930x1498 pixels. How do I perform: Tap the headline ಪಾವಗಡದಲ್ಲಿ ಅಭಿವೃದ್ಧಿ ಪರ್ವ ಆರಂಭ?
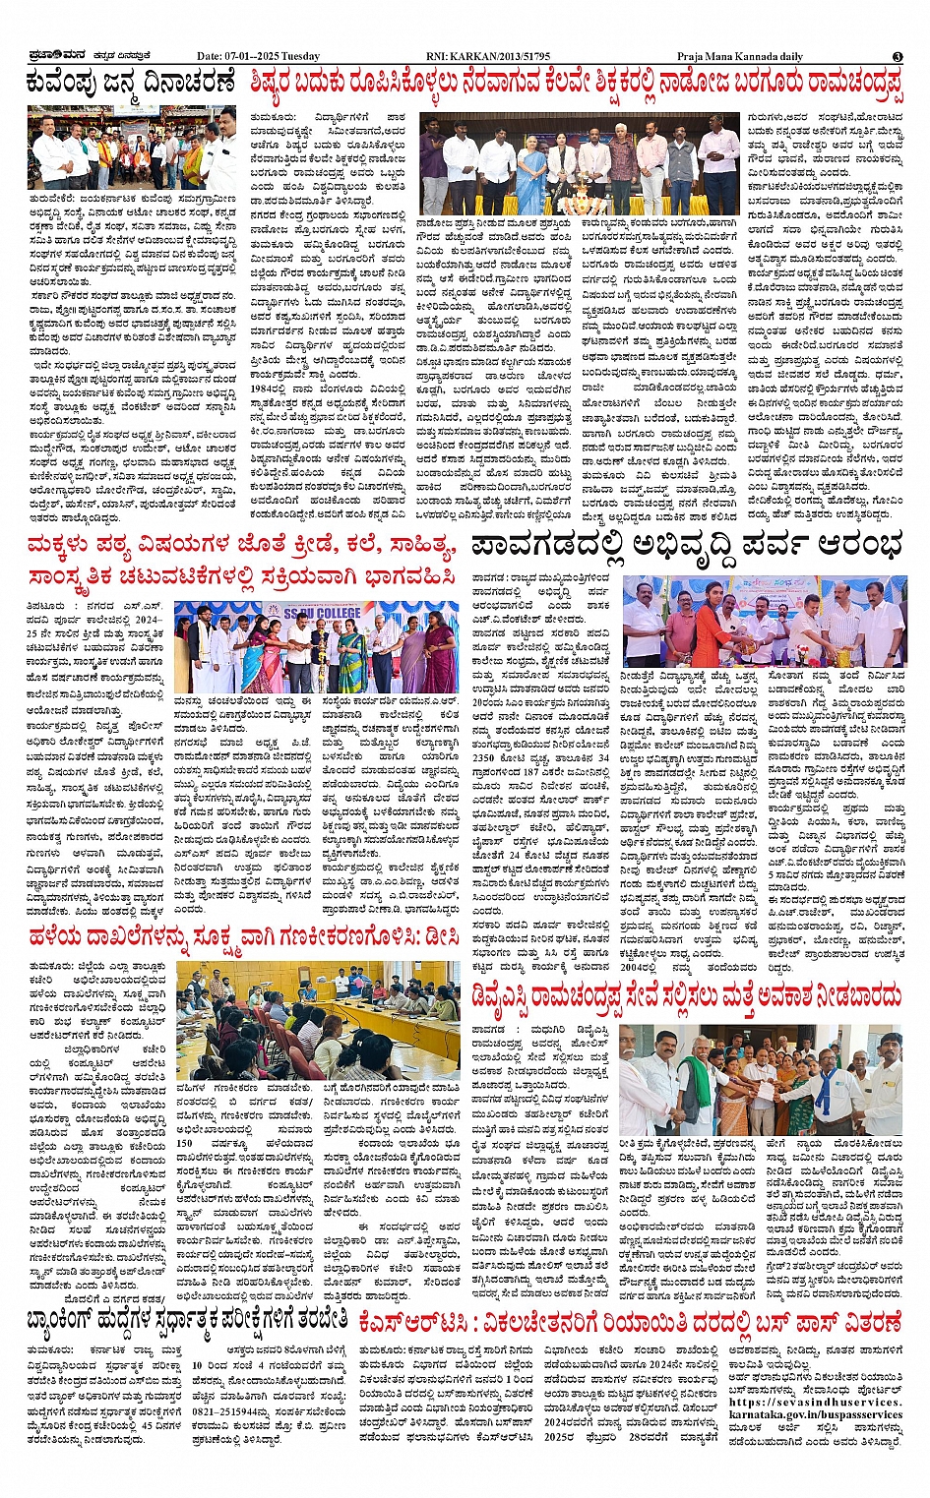click(x=686, y=544)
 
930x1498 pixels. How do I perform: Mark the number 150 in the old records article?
click(x=185, y=1144)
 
